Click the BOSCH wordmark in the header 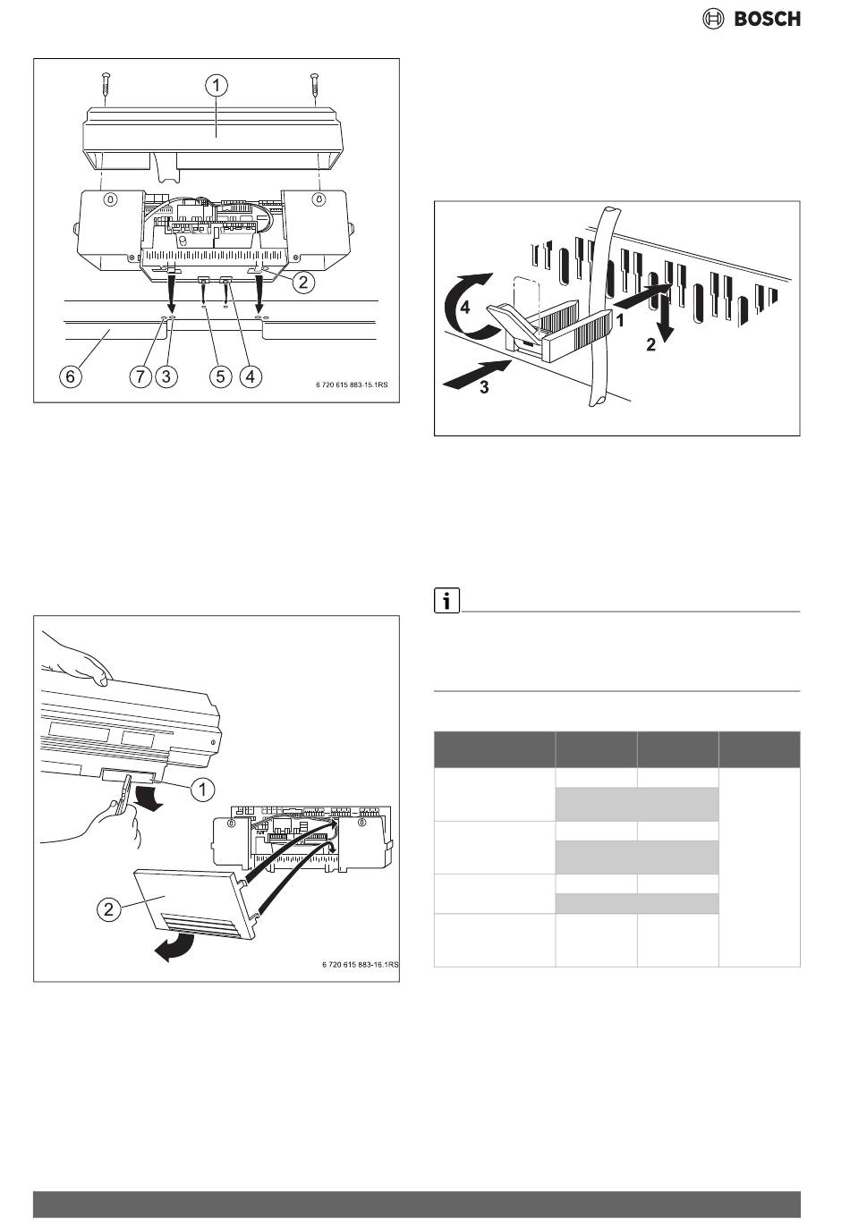pos(767,19)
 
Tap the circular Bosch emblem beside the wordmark pos(712,19)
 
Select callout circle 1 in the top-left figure pos(217,85)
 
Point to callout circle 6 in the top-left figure pos(72,376)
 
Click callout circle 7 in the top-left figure pos(140,376)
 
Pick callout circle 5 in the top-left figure pos(220,376)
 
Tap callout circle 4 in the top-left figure pos(251,376)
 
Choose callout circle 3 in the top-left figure pos(166,376)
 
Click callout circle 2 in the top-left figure pos(304,283)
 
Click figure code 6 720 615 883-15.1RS pos(352,385)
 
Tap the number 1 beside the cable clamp pos(620,322)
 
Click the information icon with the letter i pos(446,601)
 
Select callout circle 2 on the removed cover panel pos(108,908)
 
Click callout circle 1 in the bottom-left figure pos(202,790)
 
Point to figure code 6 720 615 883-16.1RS pos(360,965)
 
